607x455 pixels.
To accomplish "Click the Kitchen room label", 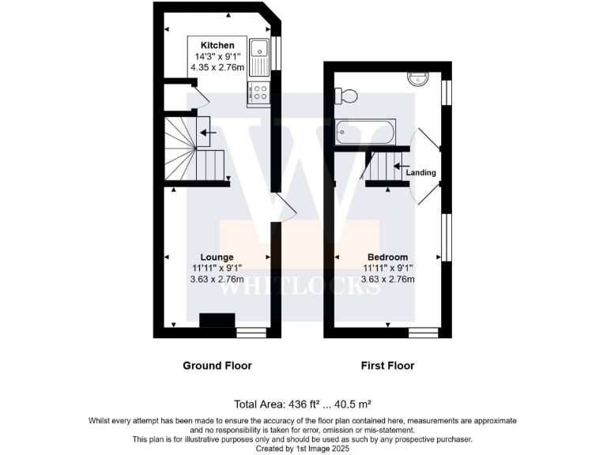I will [217, 45].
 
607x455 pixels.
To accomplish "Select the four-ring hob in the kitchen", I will [258, 92].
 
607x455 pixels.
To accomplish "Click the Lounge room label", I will [217, 257].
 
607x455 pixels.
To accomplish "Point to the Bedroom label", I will [388, 257].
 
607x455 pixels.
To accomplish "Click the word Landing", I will [420, 172].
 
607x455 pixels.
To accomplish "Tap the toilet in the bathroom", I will [346, 96].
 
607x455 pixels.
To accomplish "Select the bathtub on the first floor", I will [364, 131].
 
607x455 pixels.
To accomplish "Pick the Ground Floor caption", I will [217, 366].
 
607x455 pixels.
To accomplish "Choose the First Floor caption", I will [388, 366].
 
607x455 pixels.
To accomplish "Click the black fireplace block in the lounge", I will [217, 320].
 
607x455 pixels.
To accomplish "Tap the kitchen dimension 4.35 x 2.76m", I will [217, 69].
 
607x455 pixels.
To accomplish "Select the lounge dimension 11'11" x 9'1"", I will [217, 268].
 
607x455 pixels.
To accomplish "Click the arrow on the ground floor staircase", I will [208, 133].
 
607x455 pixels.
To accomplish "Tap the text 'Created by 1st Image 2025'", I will [303, 447].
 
